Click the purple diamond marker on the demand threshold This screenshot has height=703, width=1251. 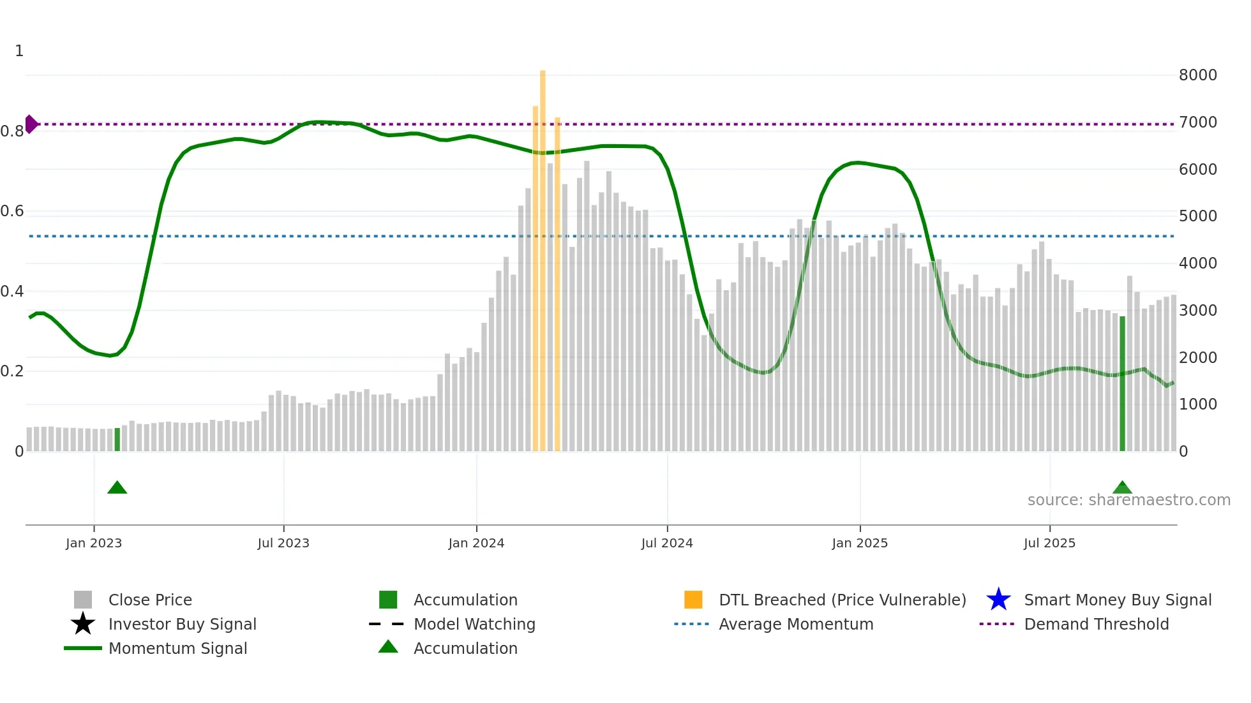click(31, 124)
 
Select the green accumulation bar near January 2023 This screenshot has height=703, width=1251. click(117, 440)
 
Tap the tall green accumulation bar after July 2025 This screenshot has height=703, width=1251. click(1122, 383)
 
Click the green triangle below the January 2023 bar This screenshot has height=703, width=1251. click(117, 488)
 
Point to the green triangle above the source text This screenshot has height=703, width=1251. click(1122, 488)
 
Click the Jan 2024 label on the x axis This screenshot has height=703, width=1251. click(476, 543)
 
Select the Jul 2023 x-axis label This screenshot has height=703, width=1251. click(283, 543)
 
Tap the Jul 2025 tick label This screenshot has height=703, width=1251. click(1049, 543)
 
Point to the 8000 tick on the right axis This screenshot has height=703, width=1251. click(1197, 75)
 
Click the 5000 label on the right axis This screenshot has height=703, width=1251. click(1197, 216)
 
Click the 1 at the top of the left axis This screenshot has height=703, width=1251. click(19, 51)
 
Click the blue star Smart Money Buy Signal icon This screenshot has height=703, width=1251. click(998, 600)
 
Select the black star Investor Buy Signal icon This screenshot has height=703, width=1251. click(83, 624)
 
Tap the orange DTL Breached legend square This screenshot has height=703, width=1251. click(693, 600)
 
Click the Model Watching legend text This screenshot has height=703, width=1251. click(474, 624)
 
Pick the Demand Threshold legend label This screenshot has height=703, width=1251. click(1096, 624)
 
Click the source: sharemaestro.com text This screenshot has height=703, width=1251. click(1128, 500)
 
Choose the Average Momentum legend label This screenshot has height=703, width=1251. click(796, 624)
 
